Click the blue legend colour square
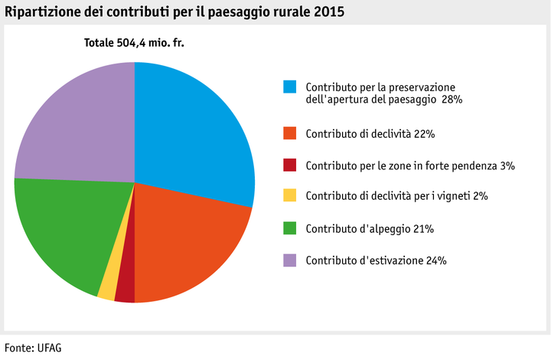pyautogui.click(x=289, y=87)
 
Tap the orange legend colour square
pyautogui.click(x=289, y=133)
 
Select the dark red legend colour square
pyautogui.click(x=289, y=165)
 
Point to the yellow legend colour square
pyautogui.click(x=289, y=196)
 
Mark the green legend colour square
pyautogui.click(x=289, y=228)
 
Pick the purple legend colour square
pyautogui.click(x=289, y=260)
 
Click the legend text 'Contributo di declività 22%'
pyautogui.click(x=370, y=134)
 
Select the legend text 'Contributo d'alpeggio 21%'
pyautogui.click(x=370, y=229)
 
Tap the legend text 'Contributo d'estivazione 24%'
pyautogui.click(x=376, y=260)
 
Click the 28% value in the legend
pyautogui.click(x=452, y=100)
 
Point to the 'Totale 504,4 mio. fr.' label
pyautogui.click(x=134, y=43)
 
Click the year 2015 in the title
pyautogui.click(x=329, y=11)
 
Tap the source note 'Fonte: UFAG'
pyautogui.click(x=32, y=347)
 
